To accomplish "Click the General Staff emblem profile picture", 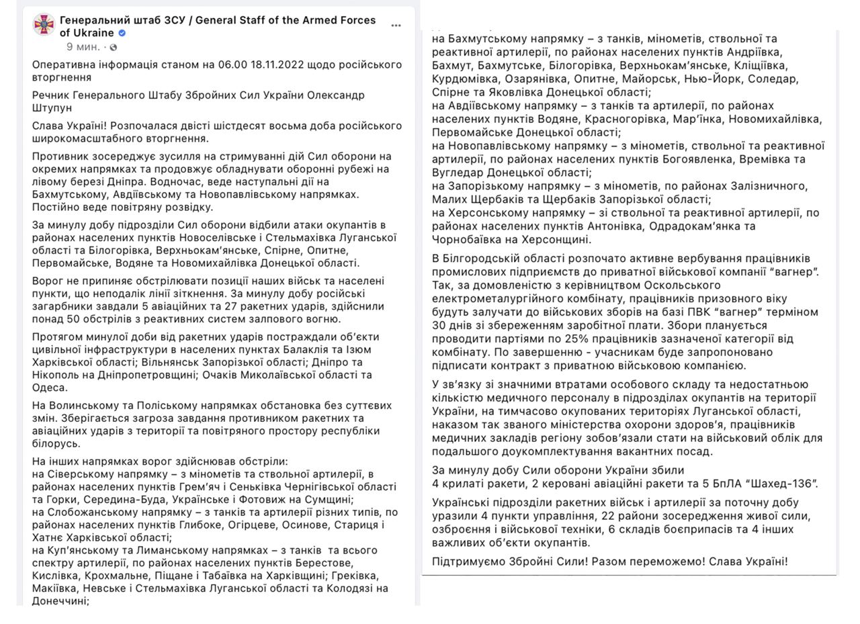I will tap(44, 26).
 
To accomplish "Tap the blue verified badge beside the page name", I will tap(122, 33).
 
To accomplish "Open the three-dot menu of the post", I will tap(396, 26).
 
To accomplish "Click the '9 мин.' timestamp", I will tap(83, 47).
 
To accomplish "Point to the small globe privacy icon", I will tap(114, 47).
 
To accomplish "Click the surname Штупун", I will tap(52, 107).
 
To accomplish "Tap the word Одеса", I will tap(50, 388).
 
